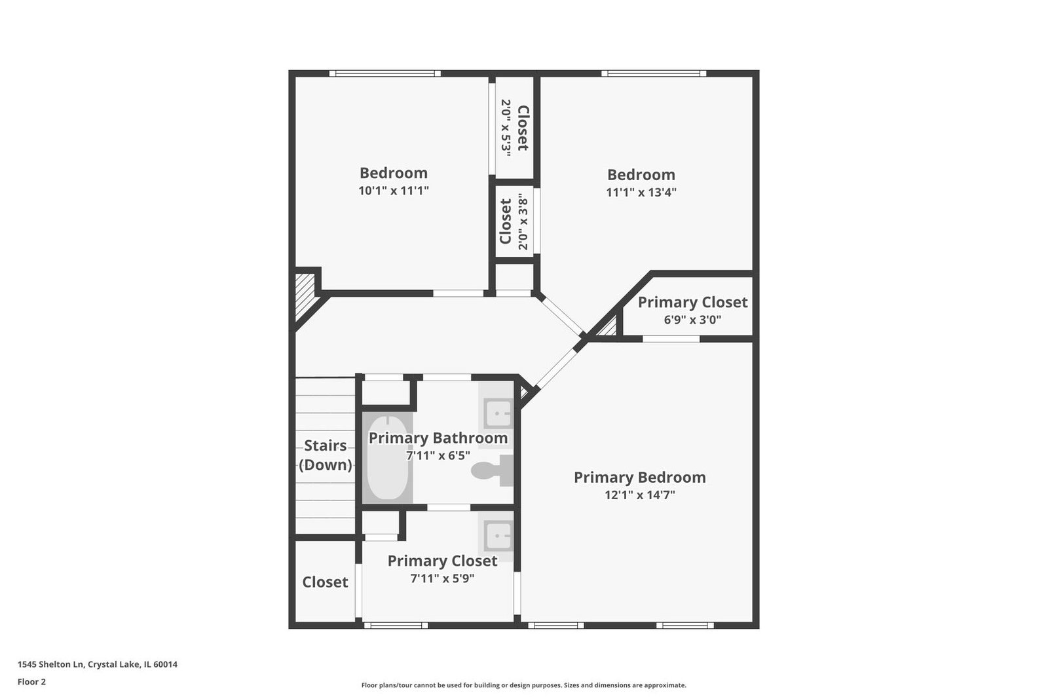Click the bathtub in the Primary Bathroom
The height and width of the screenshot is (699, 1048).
[387, 458]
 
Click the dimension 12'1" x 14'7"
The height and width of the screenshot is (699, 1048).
[639, 495]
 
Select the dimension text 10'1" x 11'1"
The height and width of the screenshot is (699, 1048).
[394, 191]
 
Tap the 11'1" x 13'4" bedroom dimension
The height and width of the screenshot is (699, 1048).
[641, 193]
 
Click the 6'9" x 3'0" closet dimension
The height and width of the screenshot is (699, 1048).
[692, 320]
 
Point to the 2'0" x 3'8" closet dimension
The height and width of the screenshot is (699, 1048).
[523, 224]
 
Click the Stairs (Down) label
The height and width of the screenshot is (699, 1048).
[325, 455]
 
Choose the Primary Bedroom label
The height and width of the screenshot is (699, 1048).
[639, 477]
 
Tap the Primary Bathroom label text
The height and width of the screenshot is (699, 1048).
[438, 438]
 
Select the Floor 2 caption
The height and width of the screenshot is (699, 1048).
[32, 682]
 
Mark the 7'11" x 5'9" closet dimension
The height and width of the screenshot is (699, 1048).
[442, 578]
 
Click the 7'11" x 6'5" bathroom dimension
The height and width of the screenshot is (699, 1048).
[438, 455]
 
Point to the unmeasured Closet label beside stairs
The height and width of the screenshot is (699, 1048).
[325, 582]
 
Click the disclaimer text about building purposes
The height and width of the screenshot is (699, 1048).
[523, 685]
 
